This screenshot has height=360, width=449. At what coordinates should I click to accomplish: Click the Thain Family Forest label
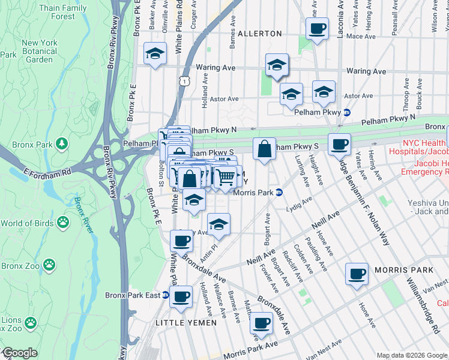click(63, 12)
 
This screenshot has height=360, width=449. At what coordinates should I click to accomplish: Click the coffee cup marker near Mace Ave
click(317, 28)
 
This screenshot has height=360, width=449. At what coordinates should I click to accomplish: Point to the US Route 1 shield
click(187, 79)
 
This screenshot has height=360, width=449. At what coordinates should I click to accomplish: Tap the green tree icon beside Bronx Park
click(61, 144)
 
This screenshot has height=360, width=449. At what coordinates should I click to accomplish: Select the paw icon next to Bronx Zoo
click(49, 265)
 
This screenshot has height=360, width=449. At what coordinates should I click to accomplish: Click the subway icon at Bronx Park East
click(167, 295)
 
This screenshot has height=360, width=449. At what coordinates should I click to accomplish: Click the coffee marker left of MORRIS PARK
click(357, 274)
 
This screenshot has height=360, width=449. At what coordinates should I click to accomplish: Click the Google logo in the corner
click(19, 353)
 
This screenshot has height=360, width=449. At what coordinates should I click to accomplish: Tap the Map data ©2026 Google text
click(411, 355)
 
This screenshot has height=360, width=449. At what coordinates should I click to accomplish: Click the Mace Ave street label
click(361, 37)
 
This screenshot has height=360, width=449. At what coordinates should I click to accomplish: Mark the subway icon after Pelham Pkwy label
click(346, 112)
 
